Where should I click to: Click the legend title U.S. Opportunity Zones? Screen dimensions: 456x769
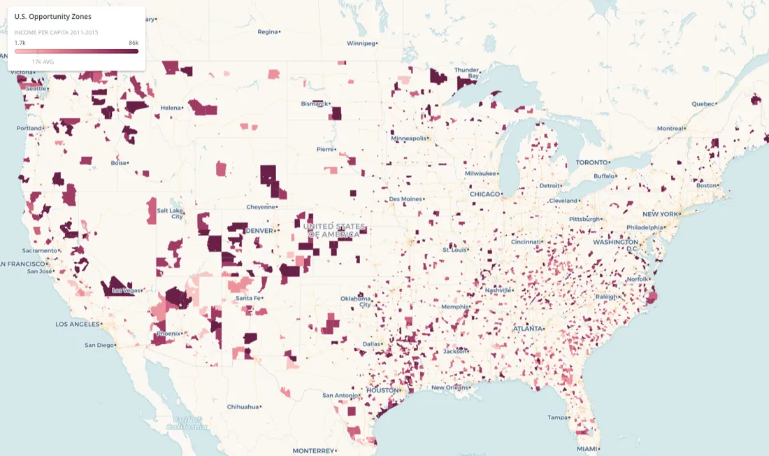[53, 16]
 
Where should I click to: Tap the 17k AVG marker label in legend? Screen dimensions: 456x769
[43, 62]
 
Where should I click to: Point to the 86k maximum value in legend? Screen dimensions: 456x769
[133, 43]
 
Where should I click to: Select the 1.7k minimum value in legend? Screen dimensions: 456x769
[20, 43]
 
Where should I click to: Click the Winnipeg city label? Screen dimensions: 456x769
[361, 43]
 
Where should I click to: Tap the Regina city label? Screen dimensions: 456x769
[268, 31]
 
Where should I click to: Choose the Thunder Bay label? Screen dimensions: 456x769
[467, 73]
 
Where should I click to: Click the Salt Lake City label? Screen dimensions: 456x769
[171, 213]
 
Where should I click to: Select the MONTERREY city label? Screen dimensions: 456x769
[314, 450]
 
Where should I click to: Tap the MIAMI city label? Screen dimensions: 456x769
[587, 448]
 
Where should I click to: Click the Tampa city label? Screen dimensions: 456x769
[558, 417]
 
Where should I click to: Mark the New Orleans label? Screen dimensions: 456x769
[448, 387]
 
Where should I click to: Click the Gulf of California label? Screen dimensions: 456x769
[187, 422]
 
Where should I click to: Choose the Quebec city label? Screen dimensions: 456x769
[703, 104]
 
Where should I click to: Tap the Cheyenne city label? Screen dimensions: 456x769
[262, 207]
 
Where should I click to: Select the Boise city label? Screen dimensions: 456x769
[119, 163]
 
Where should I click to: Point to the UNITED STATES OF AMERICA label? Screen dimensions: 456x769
[334, 230]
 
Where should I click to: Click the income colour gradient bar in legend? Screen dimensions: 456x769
[76, 51]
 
